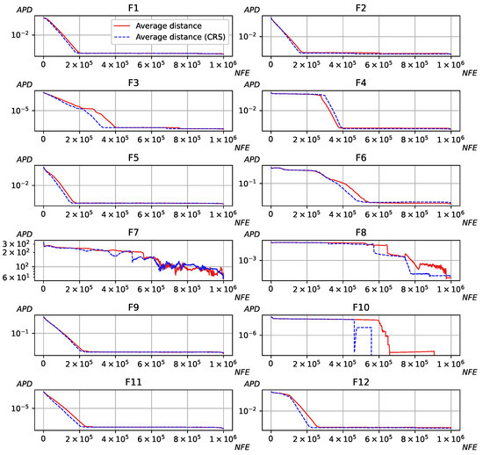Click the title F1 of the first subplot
tap(133, 7)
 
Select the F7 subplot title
tap(133, 234)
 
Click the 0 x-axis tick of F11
tap(43, 438)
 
